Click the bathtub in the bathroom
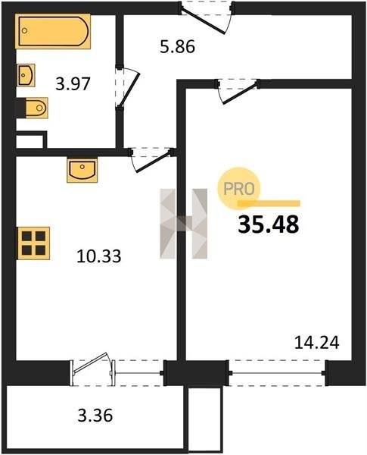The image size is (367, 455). [53, 31]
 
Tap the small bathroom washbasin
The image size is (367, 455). [26, 75]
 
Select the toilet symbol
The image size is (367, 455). [32, 108]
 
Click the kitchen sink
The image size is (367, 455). [82, 170]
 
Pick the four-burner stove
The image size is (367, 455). [33, 243]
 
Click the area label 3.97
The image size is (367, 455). [73, 84]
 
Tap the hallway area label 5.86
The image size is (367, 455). [177, 46]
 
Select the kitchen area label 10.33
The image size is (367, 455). [99, 256]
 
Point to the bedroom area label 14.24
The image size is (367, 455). [316, 343]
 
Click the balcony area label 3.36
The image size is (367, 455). [95, 415]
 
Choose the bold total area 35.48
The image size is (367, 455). [268, 225]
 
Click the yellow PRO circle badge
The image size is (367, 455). [239, 189]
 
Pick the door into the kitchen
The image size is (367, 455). [152, 159]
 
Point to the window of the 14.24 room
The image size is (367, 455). [277, 373]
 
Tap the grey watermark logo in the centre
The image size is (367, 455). [184, 224]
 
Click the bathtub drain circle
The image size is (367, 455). [25, 30]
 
